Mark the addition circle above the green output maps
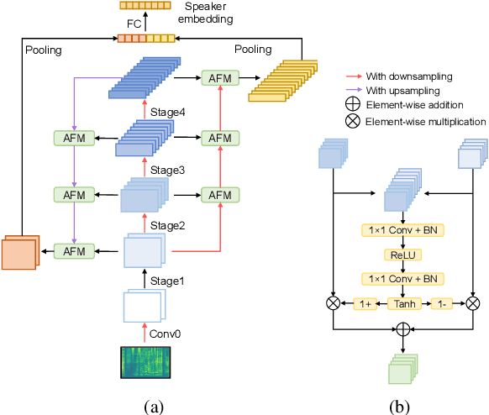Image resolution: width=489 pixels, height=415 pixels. pyautogui.click(x=402, y=329)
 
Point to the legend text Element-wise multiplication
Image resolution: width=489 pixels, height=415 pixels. pyautogui.click(x=425, y=122)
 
